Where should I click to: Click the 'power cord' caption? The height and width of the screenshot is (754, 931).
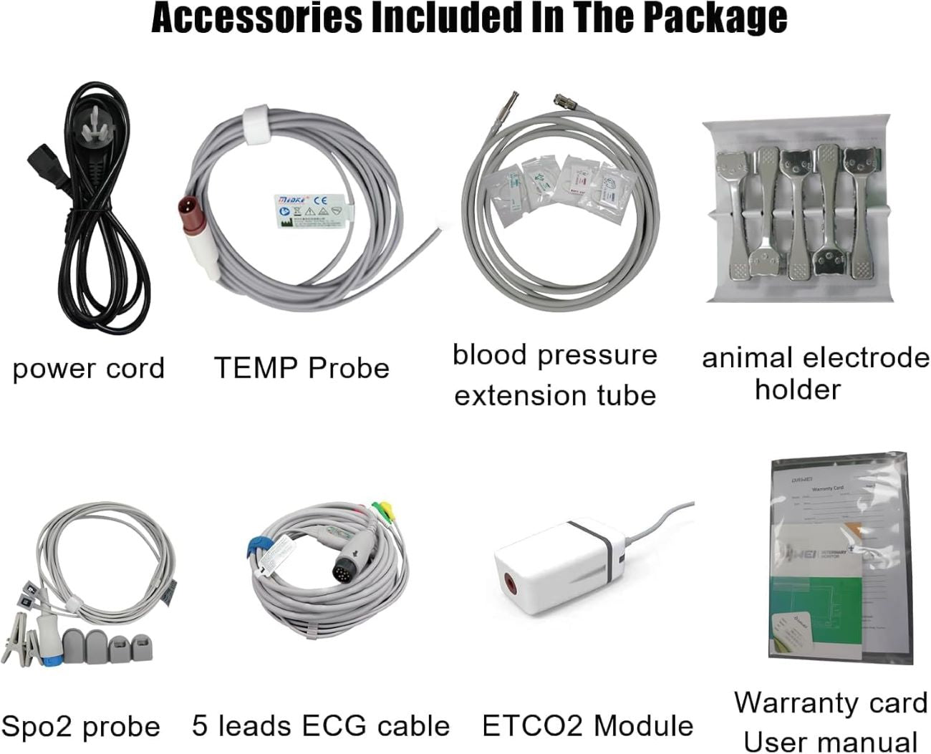[x=88, y=369]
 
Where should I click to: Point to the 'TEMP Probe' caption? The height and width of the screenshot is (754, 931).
[x=302, y=368]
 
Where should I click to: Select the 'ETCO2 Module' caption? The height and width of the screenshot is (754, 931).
[x=587, y=726]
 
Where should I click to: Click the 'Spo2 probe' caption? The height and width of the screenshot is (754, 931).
[x=80, y=727]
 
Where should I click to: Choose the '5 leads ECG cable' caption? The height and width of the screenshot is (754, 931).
[x=321, y=726]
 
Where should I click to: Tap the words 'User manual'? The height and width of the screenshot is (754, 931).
[x=830, y=742]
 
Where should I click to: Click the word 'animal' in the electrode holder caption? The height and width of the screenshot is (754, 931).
[x=748, y=358]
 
